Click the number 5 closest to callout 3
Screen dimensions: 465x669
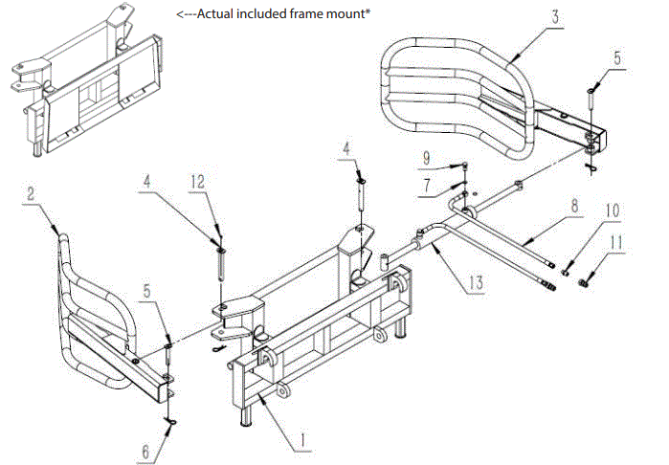point(617,57)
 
